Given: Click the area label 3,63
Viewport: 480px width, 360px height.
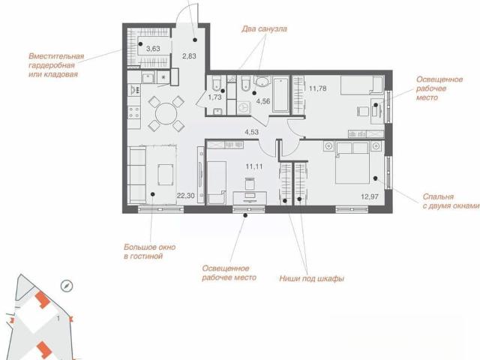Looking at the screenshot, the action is [x=153, y=49].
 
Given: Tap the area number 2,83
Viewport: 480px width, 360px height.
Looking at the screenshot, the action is [x=189, y=56].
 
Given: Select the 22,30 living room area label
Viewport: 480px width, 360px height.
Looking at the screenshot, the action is [x=186, y=196].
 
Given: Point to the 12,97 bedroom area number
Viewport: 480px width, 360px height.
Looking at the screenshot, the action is [x=370, y=196].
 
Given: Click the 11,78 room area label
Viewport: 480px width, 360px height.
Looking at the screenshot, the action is [x=318, y=88].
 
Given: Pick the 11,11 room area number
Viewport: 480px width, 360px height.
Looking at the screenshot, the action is [x=254, y=166].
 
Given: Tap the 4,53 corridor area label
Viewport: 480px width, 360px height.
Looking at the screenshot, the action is [x=251, y=132].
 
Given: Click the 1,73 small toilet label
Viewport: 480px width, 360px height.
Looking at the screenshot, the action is [x=215, y=97].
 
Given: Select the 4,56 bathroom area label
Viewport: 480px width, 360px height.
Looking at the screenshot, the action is [x=263, y=101].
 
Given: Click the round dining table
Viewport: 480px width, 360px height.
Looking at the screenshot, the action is [x=166, y=113].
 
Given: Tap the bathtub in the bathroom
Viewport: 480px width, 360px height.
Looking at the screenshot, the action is [x=280, y=95].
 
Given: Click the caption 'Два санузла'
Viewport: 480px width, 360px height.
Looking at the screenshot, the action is [x=264, y=29].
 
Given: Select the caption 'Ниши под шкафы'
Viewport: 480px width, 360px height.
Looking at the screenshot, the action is [x=312, y=278].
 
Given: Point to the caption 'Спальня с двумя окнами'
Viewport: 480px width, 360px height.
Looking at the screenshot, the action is [x=451, y=201].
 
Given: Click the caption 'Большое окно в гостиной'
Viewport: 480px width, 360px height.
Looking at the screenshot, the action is [x=150, y=252].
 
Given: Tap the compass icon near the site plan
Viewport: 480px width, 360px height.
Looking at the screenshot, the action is [x=67, y=286].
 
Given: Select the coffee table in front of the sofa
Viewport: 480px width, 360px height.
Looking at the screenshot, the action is [x=166, y=175].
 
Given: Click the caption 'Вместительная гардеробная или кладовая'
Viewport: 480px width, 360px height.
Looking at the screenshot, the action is [x=56, y=65].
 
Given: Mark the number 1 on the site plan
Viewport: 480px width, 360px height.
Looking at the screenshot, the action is [x=58, y=319].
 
